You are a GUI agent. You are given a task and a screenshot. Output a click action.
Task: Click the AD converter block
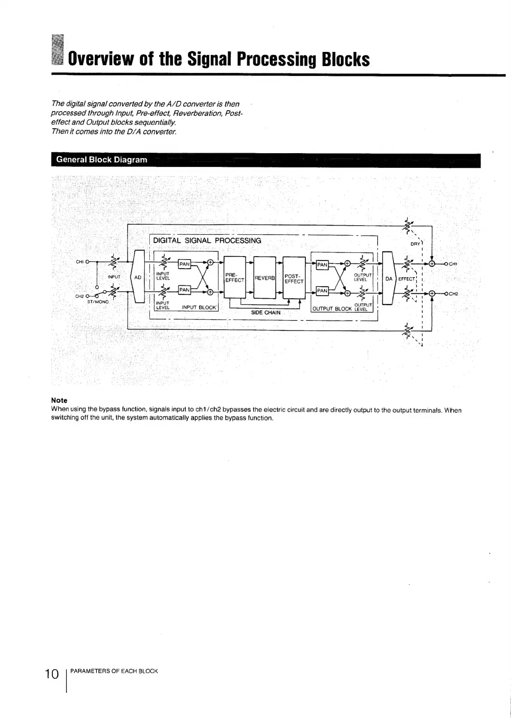[x=138, y=277]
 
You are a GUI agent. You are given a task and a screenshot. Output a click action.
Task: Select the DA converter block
[x=389, y=278]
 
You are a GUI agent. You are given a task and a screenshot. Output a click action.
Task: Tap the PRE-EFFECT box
[x=234, y=277]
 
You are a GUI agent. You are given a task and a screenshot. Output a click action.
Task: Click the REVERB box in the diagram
[x=264, y=278]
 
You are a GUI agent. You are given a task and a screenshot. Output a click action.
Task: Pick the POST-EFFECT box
[x=294, y=278]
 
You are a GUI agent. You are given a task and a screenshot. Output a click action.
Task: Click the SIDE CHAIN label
[x=266, y=313]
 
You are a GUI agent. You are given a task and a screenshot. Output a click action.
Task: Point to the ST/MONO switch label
[x=98, y=302]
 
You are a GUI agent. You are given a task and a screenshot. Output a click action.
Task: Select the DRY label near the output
[x=415, y=244]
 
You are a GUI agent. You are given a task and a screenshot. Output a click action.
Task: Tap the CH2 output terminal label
[x=454, y=294]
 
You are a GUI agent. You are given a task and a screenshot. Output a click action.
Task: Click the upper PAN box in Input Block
[x=184, y=264]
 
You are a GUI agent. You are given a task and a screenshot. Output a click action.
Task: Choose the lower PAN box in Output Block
[x=322, y=291]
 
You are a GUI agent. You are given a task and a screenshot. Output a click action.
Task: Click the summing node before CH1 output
[x=432, y=263]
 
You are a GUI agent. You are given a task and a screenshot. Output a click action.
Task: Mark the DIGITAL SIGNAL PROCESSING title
[x=207, y=241]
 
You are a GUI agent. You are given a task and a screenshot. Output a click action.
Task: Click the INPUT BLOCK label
[x=200, y=307]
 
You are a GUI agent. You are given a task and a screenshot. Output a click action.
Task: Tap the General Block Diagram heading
[x=102, y=160]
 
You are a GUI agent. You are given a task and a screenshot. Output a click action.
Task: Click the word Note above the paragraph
[x=59, y=400]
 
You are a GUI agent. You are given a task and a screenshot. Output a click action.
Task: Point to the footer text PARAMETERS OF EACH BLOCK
[x=114, y=671]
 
